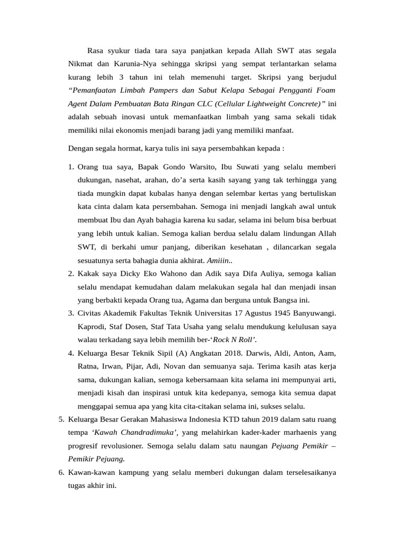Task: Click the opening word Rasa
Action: click(x=95, y=51)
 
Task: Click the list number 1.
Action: click(x=71, y=167)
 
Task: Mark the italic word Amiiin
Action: click(x=218, y=261)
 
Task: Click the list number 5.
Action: click(x=60, y=419)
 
